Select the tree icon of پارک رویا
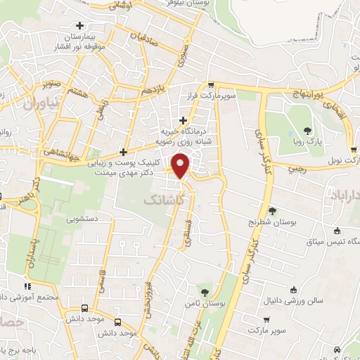click(307, 130)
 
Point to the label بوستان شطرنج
click(272, 222)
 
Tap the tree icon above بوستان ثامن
click(205, 290)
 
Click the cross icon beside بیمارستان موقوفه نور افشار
click(86, 26)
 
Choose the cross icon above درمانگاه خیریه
click(184, 120)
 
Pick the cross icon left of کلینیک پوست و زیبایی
click(124, 151)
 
